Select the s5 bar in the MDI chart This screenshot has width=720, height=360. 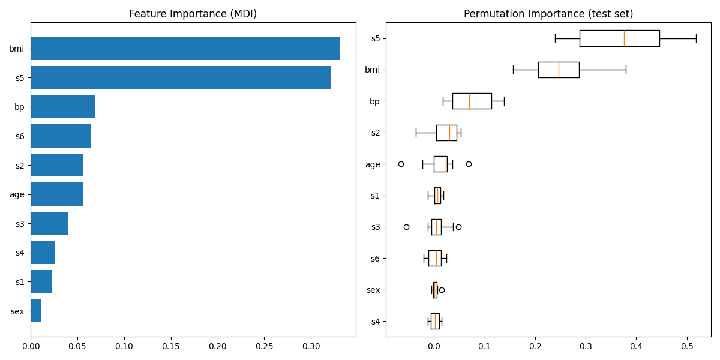click(181, 78)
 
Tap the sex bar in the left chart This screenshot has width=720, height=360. click(36, 311)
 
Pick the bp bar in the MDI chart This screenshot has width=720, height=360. click(63, 107)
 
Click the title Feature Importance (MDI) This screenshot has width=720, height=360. click(193, 14)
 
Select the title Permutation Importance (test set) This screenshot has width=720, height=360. click(548, 14)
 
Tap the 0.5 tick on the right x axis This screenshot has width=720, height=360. click(687, 346)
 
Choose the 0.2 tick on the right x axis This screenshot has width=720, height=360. click(535, 346)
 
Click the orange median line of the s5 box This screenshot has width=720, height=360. click(624, 38)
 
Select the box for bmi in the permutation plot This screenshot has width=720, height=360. click(558, 70)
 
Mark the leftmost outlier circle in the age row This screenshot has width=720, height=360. click(401, 164)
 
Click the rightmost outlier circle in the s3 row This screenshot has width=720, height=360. click(458, 227)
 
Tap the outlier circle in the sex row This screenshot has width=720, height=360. click(442, 290)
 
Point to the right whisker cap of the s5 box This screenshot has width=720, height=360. click(696, 38)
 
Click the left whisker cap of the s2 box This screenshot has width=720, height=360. click(416, 133)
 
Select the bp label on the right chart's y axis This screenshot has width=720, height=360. click(374, 101)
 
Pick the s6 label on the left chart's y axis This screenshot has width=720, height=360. click(20, 136)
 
